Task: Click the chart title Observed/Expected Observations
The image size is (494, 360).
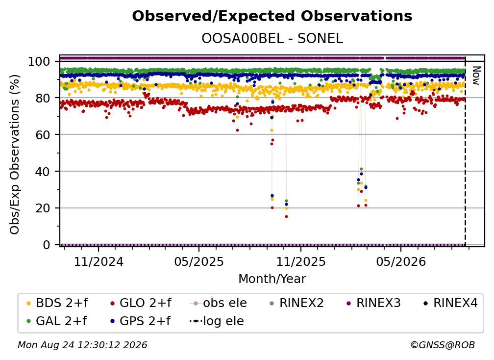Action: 272,16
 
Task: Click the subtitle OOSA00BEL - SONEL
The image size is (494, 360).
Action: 272,38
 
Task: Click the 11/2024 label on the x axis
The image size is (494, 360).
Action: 99,261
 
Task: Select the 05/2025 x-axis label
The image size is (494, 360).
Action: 199,261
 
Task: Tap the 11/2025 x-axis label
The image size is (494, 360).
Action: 301,261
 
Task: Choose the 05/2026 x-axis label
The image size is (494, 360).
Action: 401,261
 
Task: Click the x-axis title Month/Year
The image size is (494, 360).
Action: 272,279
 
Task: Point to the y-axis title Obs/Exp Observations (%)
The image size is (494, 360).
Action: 15,154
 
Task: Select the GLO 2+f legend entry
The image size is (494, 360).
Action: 141,303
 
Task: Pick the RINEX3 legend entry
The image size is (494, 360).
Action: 373,303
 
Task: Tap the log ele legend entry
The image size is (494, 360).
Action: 217,321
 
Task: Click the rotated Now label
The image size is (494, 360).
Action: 476,76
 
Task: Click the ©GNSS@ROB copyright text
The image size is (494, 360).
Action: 443,345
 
